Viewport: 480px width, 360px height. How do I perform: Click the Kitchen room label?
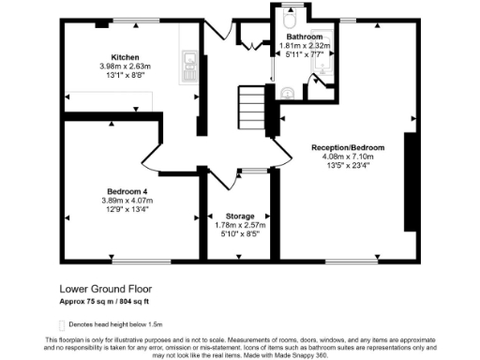pyautogui.click(x=126, y=55)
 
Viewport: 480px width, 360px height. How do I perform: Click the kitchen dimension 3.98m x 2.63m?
pyautogui.click(x=126, y=66)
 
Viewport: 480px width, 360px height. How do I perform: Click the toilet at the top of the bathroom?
pyautogui.click(x=290, y=19)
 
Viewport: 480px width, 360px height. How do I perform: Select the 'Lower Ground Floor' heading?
pyautogui.click(x=105, y=289)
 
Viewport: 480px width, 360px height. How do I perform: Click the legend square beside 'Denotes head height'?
pyautogui.click(x=63, y=322)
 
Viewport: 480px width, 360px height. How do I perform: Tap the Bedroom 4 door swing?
pyautogui.click(x=152, y=157)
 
